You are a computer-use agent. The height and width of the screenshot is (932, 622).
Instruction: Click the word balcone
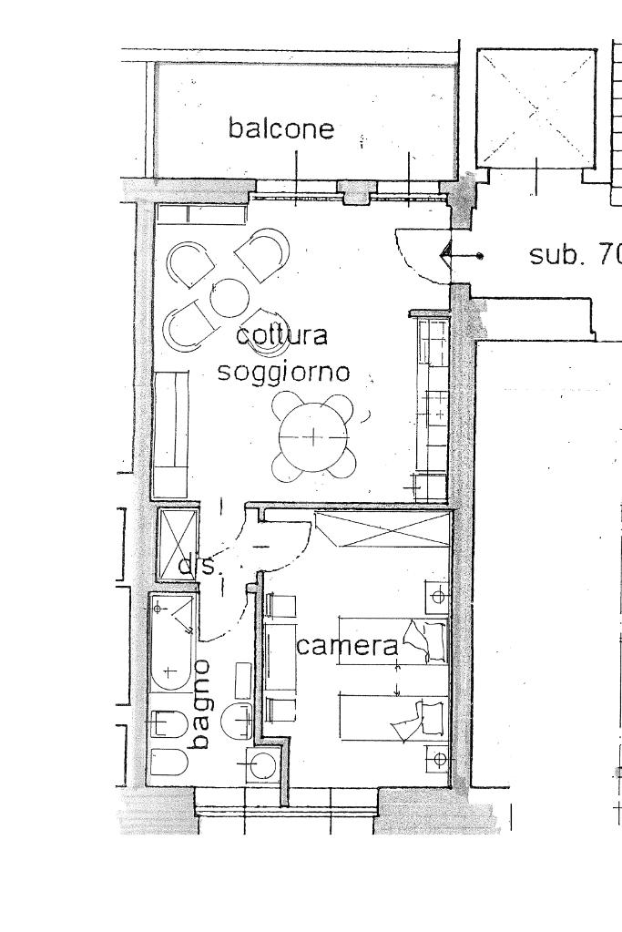point(281,128)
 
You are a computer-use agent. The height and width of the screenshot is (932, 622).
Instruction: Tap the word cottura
point(281,336)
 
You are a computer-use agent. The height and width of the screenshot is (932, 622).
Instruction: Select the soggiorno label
point(283,372)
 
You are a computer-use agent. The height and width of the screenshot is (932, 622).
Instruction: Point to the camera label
point(348,646)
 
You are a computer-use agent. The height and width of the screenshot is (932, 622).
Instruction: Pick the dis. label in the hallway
point(198,566)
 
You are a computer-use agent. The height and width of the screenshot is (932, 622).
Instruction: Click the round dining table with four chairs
point(312,436)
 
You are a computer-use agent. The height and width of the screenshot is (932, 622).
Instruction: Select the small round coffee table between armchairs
point(229,297)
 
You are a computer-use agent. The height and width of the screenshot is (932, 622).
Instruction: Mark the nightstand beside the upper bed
point(437,596)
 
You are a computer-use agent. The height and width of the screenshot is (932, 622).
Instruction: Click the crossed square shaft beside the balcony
point(536,108)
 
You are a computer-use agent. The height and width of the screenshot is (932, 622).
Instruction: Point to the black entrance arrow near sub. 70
point(448,256)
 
